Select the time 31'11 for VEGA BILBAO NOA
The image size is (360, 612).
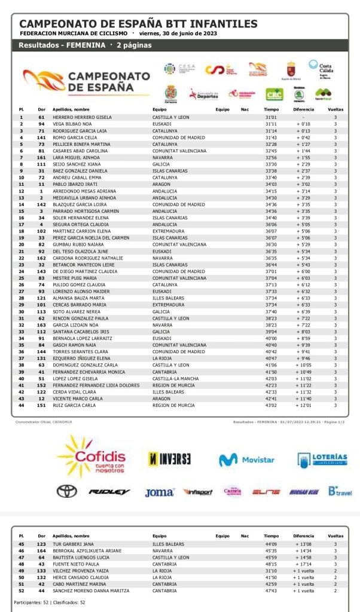[270, 124]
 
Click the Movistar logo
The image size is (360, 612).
[246, 460]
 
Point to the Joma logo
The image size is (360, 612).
[159, 492]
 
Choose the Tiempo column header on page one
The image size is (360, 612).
[271, 109]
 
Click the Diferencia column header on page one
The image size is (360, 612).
[304, 109]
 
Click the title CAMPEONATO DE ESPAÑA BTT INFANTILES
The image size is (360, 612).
[139, 24]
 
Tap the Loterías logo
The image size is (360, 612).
[322, 460]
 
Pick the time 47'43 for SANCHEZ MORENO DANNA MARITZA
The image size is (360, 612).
[270, 590]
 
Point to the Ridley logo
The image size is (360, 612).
[109, 492]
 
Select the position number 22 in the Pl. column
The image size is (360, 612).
[21, 258]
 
